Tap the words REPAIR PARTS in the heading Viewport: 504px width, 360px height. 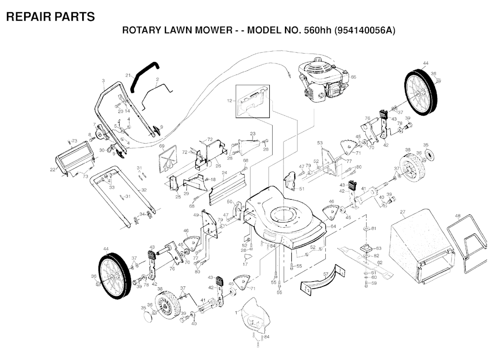[x=51, y=16]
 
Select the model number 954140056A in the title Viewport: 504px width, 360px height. [x=365, y=30]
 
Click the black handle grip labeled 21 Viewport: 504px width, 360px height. [x=145, y=77]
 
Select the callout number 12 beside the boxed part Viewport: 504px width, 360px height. [x=229, y=101]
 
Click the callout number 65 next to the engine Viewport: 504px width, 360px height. [x=353, y=77]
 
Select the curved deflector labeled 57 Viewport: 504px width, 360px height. [x=322, y=278]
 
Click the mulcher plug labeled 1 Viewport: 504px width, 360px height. [x=256, y=316]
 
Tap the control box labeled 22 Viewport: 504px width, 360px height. [x=75, y=158]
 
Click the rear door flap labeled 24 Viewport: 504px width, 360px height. [x=226, y=188]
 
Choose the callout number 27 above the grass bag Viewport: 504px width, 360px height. [x=403, y=212]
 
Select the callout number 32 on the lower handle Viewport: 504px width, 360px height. [x=144, y=190]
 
